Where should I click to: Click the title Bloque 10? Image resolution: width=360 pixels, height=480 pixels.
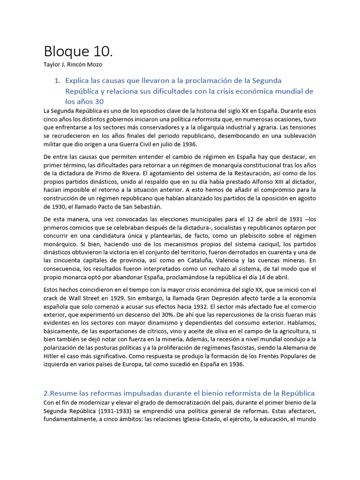pos(78,51)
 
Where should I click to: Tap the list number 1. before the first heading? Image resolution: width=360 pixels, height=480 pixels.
pos(58,81)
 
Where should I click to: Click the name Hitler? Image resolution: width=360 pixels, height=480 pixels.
pos(51,356)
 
